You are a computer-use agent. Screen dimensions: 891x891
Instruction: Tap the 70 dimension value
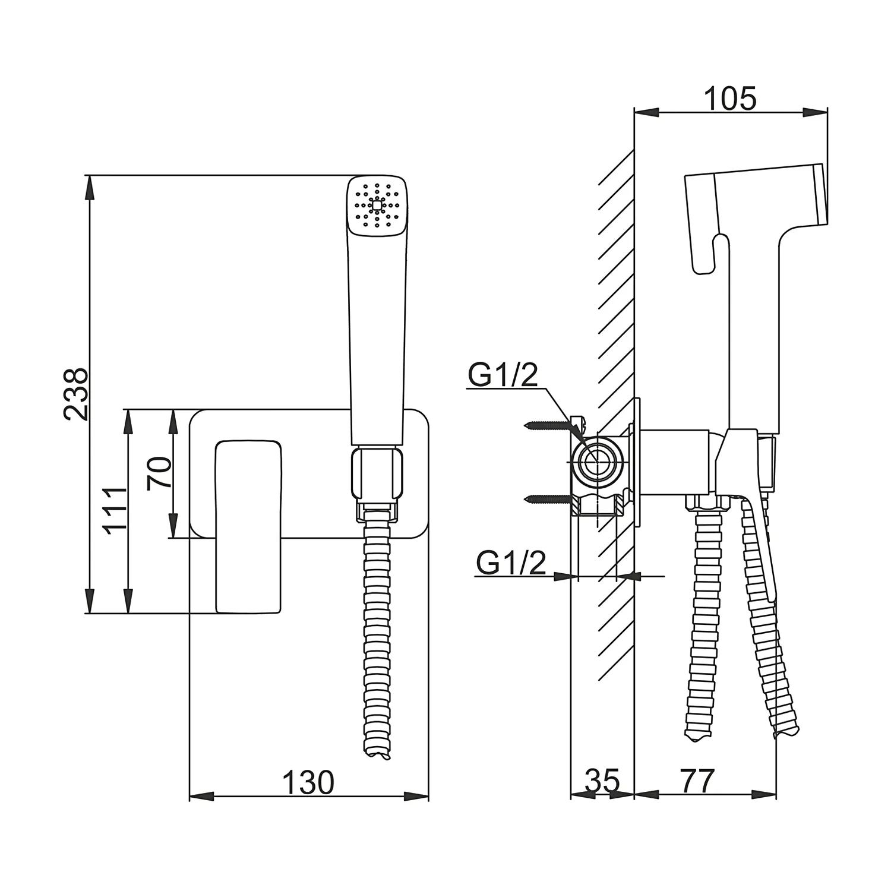click(160, 473)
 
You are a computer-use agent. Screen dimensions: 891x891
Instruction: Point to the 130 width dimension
click(308, 782)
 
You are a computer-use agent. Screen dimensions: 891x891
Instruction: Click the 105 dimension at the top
click(730, 99)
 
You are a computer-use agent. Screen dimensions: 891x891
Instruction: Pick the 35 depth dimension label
click(602, 781)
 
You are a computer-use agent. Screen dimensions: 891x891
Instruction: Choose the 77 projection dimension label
click(697, 781)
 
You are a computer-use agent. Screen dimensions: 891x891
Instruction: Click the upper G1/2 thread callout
click(503, 375)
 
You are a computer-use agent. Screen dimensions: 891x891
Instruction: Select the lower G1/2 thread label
click(511, 563)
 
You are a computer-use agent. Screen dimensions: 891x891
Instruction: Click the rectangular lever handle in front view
click(248, 526)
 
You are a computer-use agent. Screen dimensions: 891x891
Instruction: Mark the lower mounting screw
click(548, 499)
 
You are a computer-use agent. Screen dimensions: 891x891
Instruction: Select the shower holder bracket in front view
click(377, 475)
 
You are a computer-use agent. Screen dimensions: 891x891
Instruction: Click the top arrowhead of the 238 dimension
click(89, 187)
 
